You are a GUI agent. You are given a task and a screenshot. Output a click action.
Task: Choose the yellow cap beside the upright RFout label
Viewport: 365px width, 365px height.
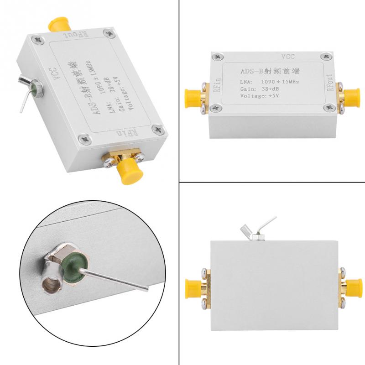(354, 96)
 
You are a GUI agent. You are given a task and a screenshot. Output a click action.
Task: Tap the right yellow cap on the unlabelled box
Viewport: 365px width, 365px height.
(353, 287)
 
